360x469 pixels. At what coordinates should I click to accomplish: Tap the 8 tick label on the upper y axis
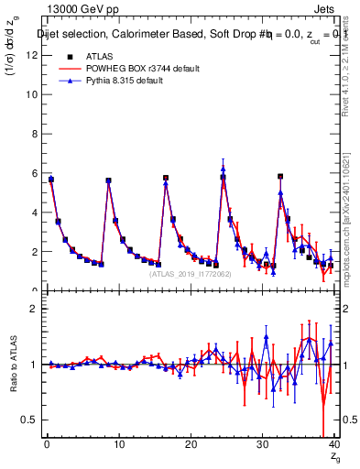coord(34,134)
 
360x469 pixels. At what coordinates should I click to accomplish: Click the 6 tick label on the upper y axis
coord(34,173)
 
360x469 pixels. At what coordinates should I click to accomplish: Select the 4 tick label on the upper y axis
coord(34,213)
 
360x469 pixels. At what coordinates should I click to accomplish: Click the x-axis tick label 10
coord(118,444)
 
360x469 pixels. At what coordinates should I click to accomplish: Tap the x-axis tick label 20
coord(191,444)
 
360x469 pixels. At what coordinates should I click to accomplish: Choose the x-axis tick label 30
coord(262,444)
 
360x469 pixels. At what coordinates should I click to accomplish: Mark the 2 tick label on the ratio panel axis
coord(34,309)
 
